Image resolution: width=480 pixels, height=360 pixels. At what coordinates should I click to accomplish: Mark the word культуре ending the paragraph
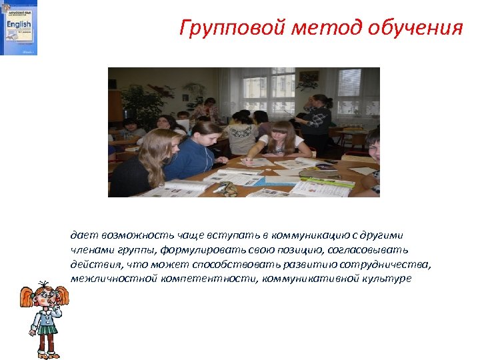tap(387, 278)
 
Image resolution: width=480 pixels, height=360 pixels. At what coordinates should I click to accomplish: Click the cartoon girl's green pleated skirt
tap(45, 328)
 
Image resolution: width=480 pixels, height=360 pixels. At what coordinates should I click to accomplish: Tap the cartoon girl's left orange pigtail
tap(27, 297)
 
